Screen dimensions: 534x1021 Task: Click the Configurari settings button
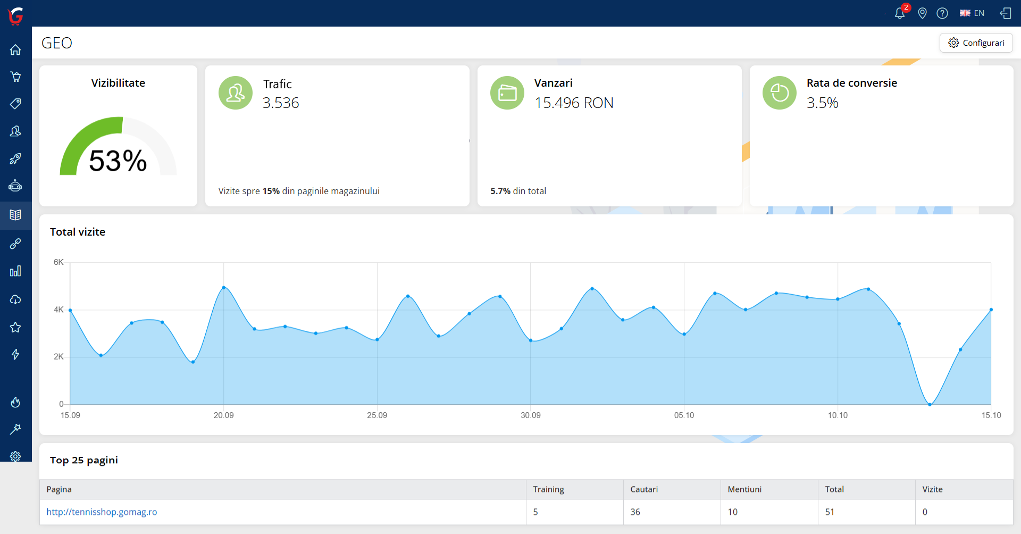point(976,43)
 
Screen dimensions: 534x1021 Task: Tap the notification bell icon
point(900,13)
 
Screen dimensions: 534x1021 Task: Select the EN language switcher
point(972,13)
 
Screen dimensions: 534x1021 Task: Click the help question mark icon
point(942,13)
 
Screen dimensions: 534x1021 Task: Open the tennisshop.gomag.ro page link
point(102,512)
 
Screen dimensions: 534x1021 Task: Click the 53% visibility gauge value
point(118,161)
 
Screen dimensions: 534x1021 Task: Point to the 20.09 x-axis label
point(223,415)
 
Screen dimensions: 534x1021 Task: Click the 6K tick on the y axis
point(58,262)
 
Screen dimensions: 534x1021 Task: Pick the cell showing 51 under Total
point(830,512)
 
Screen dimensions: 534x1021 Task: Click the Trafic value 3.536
point(281,103)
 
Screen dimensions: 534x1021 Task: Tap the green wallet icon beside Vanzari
point(507,93)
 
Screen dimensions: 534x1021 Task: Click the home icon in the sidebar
point(15,50)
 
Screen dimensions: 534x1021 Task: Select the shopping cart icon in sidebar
point(15,77)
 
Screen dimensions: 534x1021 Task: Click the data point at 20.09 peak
point(223,287)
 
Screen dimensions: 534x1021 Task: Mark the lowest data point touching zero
point(930,405)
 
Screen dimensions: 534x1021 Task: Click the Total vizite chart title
point(78,232)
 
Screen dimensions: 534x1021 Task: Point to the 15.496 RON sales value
point(574,103)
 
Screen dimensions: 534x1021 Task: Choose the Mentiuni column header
point(744,489)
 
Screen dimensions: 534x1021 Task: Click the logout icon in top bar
point(1006,13)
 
